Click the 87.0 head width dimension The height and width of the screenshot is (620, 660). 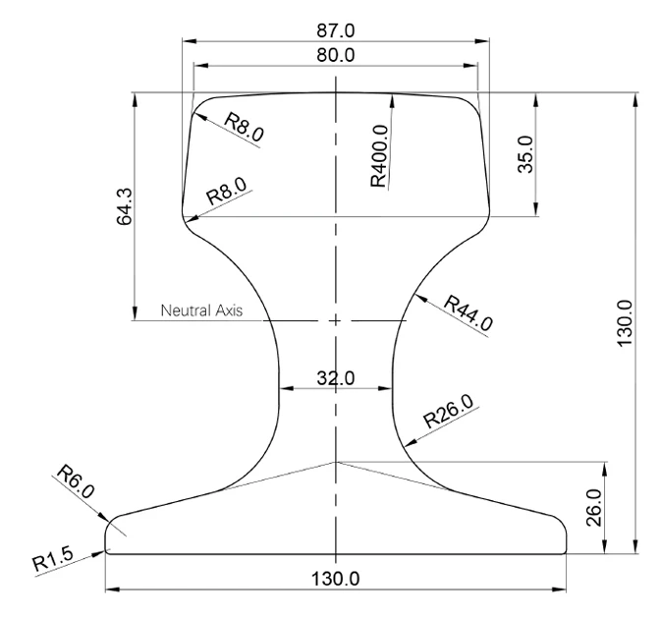click(336, 30)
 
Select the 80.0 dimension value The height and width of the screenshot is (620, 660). click(336, 55)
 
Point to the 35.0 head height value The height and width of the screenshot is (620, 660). click(525, 154)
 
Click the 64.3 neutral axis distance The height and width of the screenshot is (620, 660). click(124, 206)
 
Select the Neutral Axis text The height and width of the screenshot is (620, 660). click(201, 310)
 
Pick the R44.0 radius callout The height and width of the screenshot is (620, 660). click(468, 313)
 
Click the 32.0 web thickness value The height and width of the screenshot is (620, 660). click(336, 378)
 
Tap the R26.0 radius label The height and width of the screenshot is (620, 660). click(451, 411)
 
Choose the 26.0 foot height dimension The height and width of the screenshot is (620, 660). click(593, 508)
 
